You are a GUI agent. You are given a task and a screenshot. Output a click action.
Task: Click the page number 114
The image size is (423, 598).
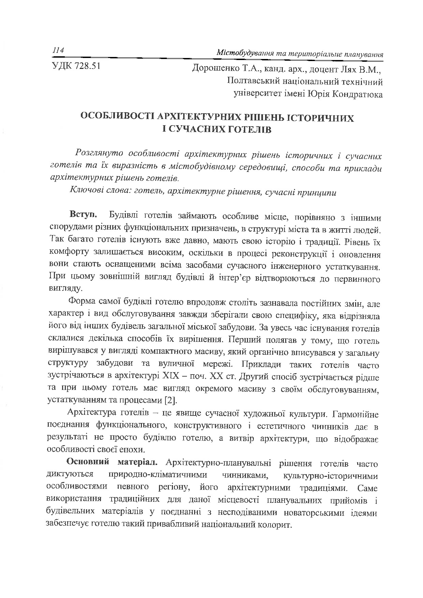[58, 50]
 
